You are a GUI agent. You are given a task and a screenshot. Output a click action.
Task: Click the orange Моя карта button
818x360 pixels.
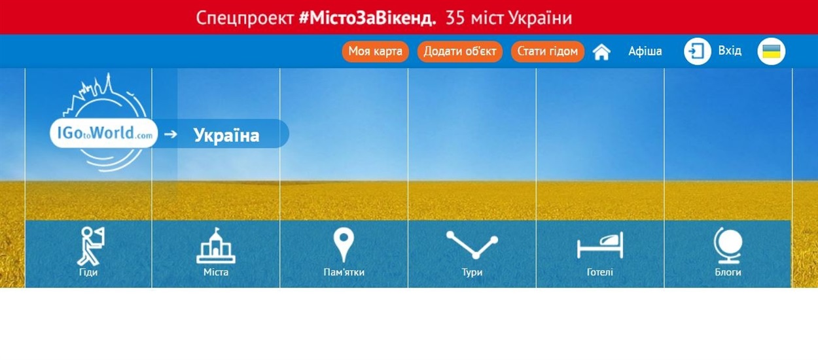[375, 52]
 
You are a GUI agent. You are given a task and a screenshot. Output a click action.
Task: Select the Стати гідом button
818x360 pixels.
[547, 52]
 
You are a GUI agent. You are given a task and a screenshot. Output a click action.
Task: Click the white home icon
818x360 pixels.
[601, 52]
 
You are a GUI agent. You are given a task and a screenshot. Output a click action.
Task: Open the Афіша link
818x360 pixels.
[645, 51]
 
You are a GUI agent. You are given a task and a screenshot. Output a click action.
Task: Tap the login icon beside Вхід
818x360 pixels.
[697, 52]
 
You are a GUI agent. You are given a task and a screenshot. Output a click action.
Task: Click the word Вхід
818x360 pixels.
[730, 50]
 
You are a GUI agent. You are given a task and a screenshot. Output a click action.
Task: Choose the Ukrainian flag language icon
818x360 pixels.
[772, 52]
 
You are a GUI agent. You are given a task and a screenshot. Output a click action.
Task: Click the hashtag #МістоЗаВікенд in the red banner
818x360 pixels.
[367, 18]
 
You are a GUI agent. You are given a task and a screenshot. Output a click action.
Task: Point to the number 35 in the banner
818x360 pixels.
[455, 18]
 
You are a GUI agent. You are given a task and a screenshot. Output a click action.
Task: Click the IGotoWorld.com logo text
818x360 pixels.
[105, 134]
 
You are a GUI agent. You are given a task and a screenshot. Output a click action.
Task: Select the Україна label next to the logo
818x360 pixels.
[226, 135]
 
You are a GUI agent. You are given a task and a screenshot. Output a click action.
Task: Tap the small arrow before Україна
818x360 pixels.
[171, 134]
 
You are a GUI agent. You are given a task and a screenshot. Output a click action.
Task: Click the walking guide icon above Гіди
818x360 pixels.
[90, 246]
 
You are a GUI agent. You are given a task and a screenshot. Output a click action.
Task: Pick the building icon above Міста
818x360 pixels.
[216, 245]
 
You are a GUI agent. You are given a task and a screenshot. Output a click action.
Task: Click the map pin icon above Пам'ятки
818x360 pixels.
[344, 245]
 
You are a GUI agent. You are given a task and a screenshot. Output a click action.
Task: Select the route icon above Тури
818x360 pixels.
[472, 245]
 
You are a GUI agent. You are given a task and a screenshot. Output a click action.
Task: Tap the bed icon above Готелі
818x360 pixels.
[600, 245]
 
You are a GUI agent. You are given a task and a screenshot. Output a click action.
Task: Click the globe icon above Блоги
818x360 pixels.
[728, 245]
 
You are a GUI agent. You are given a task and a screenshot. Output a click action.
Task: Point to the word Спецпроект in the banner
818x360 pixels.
[245, 18]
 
